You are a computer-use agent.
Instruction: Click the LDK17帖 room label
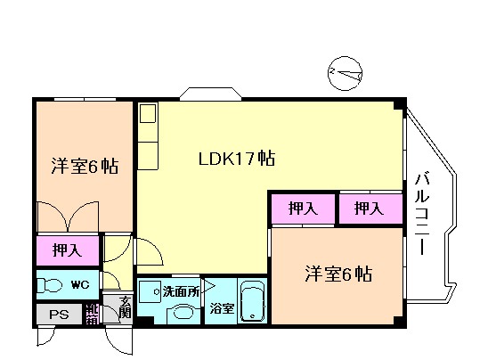[235, 160]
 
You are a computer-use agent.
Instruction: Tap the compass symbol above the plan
[345, 73]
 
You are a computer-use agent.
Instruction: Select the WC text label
[80, 285]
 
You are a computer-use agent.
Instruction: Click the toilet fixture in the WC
[50, 286]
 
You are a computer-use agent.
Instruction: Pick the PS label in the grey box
[59, 313]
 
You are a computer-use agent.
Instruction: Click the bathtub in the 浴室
[253, 302]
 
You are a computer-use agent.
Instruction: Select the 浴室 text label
[223, 309]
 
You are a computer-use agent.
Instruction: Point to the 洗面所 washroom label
[181, 290]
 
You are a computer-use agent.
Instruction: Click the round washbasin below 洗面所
[184, 312]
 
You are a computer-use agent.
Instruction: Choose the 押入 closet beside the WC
[67, 250]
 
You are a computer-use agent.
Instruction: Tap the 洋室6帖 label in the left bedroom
[85, 166]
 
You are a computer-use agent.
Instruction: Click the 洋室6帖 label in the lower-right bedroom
[338, 272]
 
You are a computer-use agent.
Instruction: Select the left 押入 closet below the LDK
[303, 209]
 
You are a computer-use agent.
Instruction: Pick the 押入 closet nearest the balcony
[368, 209]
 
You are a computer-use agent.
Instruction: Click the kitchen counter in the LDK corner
[148, 135]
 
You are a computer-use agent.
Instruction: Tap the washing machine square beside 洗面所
[150, 291]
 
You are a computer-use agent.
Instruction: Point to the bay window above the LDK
[206, 93]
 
